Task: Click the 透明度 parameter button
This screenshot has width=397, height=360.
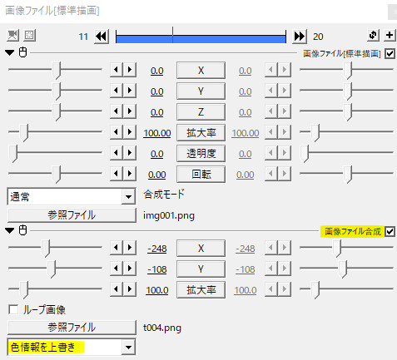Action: [x=201, y=153]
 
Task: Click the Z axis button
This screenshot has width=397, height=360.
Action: [x=201, y=112]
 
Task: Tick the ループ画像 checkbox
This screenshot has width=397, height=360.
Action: [x=13, y=309]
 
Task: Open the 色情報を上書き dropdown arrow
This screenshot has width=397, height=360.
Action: [x=128, y=347]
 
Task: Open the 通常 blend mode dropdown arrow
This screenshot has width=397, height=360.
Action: [x=128, y=197]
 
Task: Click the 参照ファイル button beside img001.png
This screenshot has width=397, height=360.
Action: [x=72, y=215]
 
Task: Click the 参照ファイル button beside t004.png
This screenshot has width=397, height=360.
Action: [x=72, y=328]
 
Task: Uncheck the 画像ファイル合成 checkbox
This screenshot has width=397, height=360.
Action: [x=390, y=231]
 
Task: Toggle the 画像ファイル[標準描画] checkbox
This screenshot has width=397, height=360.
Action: [x=390, y=53]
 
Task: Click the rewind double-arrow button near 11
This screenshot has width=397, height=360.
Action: [x=102, y=37]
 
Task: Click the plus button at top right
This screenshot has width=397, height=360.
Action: [x=390, y=35]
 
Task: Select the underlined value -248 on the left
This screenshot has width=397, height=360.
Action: [x=156, y=249]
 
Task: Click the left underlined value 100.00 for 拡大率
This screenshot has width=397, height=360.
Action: [x=157, y=133]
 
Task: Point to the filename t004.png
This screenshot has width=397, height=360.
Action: [x=162, y=328]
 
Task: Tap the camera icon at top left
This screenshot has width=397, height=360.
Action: [x=12, y=36]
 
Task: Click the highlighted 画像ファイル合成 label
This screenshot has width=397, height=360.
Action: [x=353, y=231]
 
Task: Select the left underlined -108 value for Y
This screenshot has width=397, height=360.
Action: [x=156, y=269]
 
